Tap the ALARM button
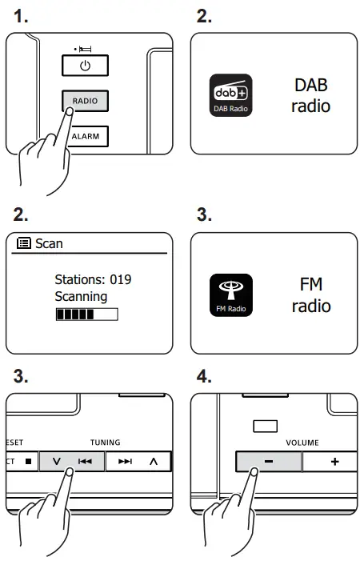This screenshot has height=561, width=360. [85, 136]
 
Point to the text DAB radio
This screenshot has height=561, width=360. [310, 95]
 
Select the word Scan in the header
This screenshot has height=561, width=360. [49, 243]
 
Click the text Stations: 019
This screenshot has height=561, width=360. [93, 280]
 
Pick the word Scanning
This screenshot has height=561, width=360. [81, 296]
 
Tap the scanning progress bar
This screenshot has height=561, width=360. [86, 315]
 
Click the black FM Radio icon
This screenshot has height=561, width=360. [230, 295]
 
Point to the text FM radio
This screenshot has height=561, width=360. [311, 295]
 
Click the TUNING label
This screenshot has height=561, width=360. [104, 442]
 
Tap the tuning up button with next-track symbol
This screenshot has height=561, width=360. [138, 462]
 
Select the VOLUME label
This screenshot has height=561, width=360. [302, 442]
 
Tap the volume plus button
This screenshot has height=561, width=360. [334, 463]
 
